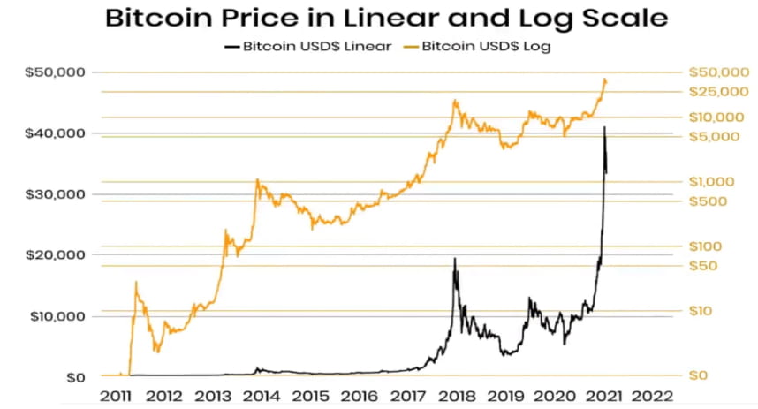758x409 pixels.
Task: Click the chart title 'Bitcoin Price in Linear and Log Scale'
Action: pyautogui.click(x=386, y=19)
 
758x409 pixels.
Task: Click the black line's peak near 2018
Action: pyautogui.click(x=455, y=259)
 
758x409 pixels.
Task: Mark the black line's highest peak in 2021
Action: pyautogui.click(x=604, y=127)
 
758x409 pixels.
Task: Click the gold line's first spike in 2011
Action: pyautogui.click(x=136, y=283)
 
